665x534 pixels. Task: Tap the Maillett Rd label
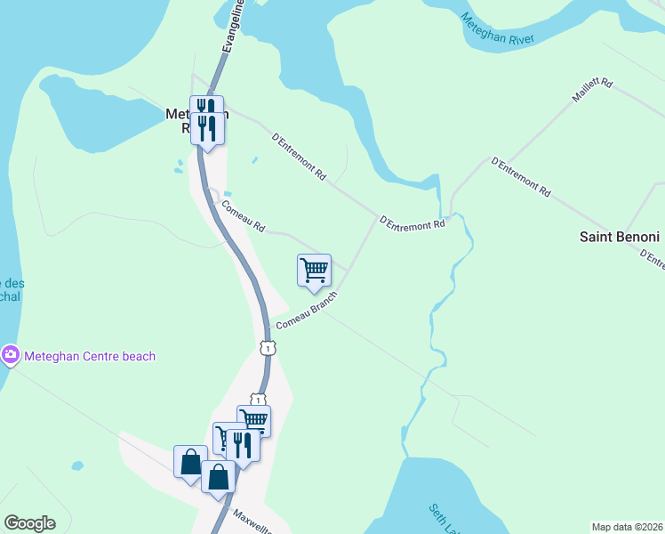pyautogui.click(x=593, y=91)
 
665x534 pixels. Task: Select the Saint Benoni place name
pyautogui.click(x=619, y=237)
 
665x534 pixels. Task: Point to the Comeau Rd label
pyautogui.click(x=243, y=215)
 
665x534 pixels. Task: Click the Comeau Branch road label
pyautogui.click(x=306, y=311)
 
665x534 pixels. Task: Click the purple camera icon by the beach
pyautogui.click(x=10, y=356)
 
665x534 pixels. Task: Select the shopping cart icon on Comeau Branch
pyautogui.click(x=314, y=270)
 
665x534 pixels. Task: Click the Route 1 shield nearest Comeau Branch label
pyautogui.click(x=266, y=347)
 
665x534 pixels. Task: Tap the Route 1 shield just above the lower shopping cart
pyautogui.click(x=257, y=399)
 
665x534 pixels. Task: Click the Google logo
pyautogui.click(x=29, y=522)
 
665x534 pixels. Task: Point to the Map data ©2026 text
pyautogui.click(x=627, y=526)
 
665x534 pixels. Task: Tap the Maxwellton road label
pyautogui.click(x=254, y=520)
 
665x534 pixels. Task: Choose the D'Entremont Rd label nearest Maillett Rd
pyautogui.click(x=521, y=176)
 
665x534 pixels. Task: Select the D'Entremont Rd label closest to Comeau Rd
pyautogui.click(x=298, y=158)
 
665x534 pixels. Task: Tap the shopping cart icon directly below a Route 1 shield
pyautogui.click(x=254, y=420)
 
